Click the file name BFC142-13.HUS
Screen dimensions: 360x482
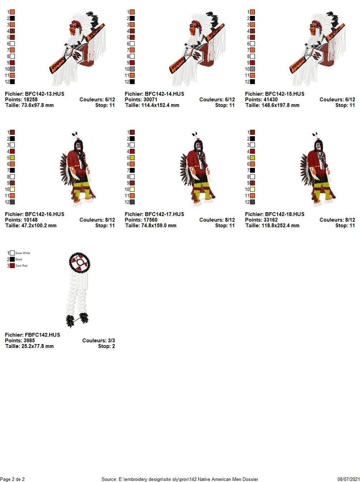click(x=44, y=94)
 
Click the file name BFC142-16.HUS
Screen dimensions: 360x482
click(x=44, y=214)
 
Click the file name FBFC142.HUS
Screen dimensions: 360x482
click(x=42, y=335)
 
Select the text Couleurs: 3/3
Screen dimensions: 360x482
click(x=99, y=340)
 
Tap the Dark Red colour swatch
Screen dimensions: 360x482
click(x=12, y=266)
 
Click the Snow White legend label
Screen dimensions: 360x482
click(x=23, y=253)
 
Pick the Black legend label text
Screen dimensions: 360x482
click(x=19, y=259)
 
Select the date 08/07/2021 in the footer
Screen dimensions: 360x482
click(x=349, y=479)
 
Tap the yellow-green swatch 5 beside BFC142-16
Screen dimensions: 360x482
click(x=12, y=158)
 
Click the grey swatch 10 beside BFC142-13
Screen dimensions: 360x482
click(x=12, y=69)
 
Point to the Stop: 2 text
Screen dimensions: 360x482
click(x=106, y=346)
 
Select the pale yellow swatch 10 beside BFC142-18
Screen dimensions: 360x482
click(x=253, y=189)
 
